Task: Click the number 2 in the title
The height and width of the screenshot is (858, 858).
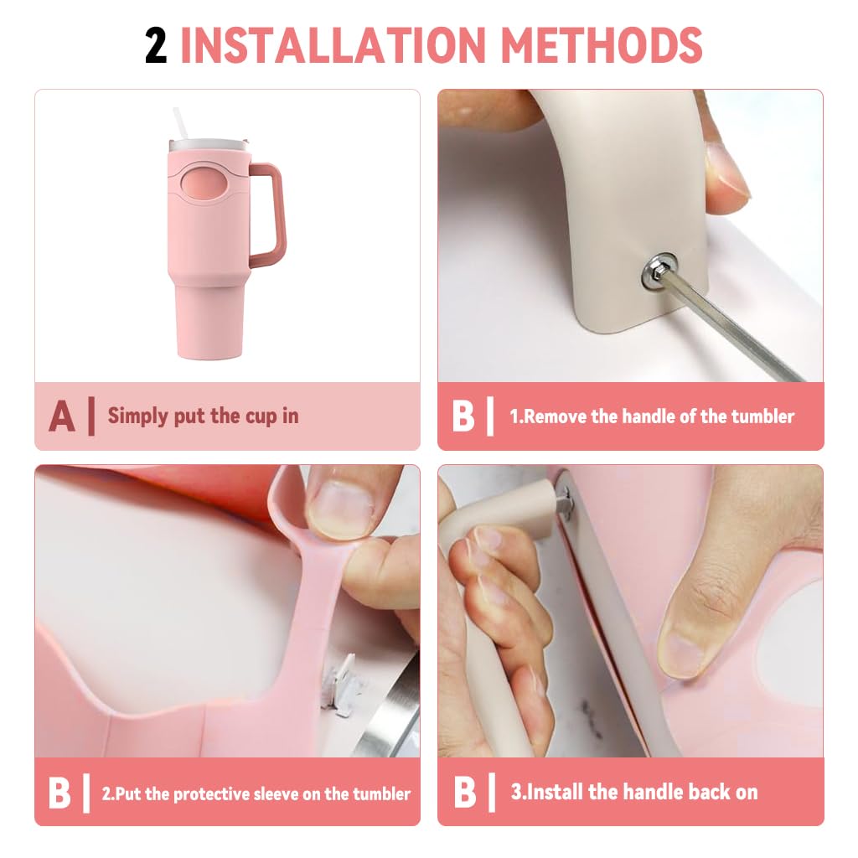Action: click(x=156, y=45)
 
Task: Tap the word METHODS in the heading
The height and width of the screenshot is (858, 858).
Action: click(x=610, y=45)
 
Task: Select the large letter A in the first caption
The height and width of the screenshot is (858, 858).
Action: click(x=61, y=416)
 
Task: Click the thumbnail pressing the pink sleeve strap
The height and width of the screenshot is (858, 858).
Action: click(x=340, y=510)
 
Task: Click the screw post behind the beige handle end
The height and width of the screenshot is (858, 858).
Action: click(x=563, y=502)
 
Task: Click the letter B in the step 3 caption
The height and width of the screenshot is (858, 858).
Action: click(x=463, y=793)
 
